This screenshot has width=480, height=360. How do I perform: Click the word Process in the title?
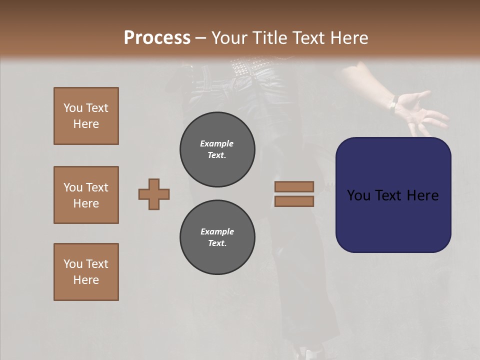(157, 37)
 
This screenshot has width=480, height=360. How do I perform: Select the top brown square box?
(86, 116)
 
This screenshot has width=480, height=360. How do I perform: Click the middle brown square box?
(86, 195)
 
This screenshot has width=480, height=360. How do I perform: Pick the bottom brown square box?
(86, 272)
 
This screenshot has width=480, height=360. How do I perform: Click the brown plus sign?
(154, 194)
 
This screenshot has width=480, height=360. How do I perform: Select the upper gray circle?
(217, 149)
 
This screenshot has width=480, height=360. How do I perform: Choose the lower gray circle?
(217, 237)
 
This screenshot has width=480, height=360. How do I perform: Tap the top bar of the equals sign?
(294, 186)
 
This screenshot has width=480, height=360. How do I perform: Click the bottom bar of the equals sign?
(294, 201)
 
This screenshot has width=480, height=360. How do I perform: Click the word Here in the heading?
(347, 37)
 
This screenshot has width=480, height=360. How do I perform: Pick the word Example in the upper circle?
(217, 143)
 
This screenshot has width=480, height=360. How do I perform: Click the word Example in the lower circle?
(217, 231)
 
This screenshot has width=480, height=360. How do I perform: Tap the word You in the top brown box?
(72, 108)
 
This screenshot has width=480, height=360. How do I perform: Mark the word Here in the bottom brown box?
(86, 280)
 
